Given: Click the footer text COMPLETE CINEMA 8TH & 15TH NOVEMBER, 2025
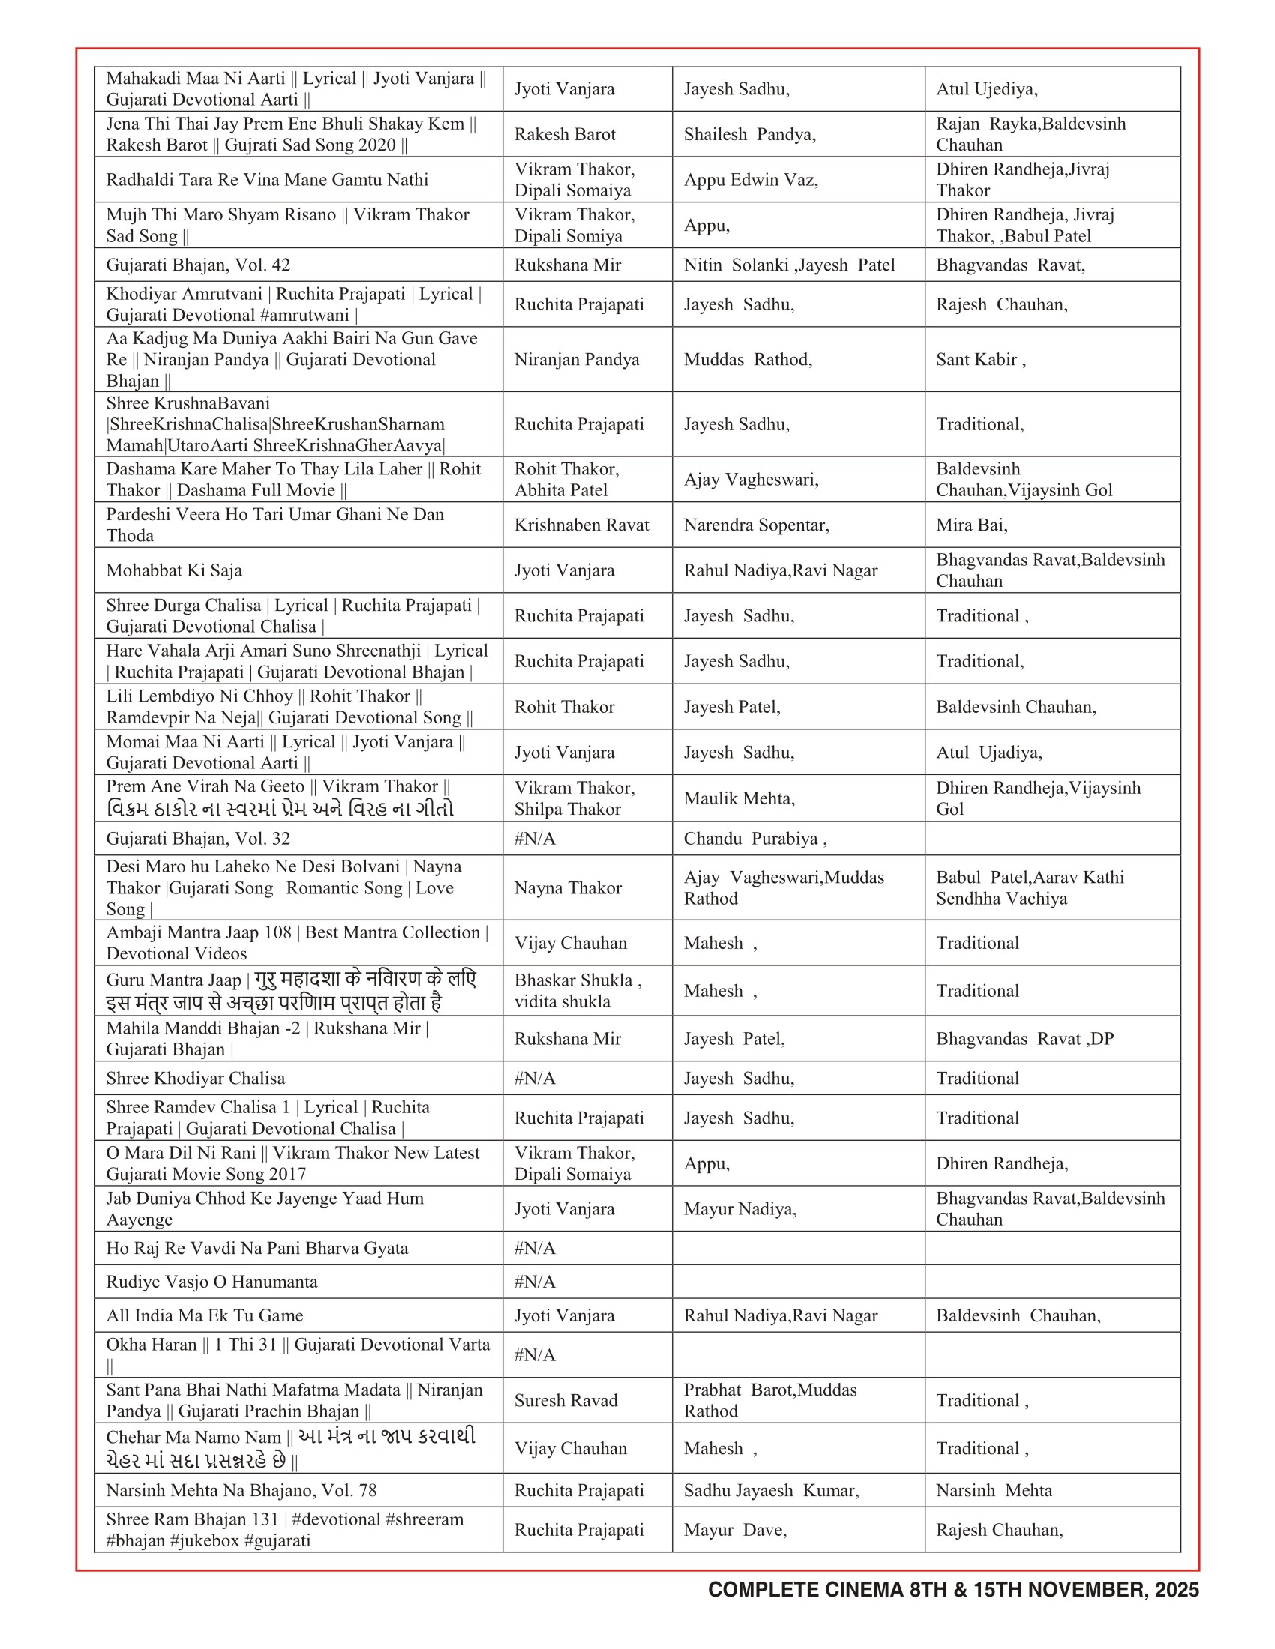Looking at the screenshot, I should tap(952, 1589).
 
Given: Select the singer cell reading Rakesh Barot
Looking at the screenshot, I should tap(565, 134).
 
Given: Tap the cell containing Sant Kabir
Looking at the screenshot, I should tap(980, 359).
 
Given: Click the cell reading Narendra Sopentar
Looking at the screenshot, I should tap(756, 525).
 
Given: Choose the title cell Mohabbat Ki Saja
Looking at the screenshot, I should tap(175, 570).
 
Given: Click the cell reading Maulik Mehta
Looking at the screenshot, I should tap(739, 798).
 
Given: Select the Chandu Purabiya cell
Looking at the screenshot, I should tap(754, 839).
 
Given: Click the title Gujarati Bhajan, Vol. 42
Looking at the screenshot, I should tap(198, 265).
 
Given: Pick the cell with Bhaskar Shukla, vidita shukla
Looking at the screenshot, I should tap(577, 991).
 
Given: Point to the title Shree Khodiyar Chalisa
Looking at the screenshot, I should tap(196, 1078).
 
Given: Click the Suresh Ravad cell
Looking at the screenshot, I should tap(565, 1401).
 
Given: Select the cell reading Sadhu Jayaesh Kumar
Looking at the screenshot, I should tap(770, 1490).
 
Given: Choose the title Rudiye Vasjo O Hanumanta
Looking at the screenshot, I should tap(212, 1282).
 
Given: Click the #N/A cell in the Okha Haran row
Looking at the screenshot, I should tap(535, 1355).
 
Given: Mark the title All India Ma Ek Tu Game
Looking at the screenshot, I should tap(205, 1315).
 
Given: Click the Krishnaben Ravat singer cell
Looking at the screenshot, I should tap(581, 525).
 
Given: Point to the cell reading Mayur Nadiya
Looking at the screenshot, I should tap(739, 1209).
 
